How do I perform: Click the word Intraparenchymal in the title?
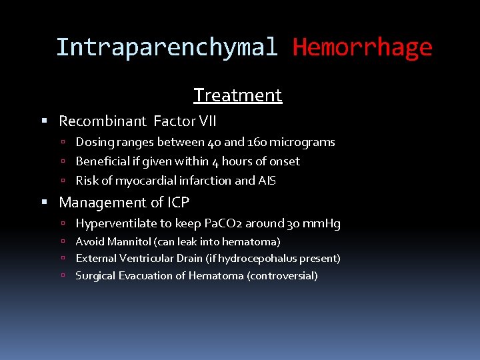pos(166,47)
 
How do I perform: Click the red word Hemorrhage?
pos(362,47)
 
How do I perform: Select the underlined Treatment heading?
pos(238,95)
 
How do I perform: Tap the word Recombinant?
pos(102,121)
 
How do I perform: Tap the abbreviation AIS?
pos(267,181)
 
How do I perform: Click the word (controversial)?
pos(282,275)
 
